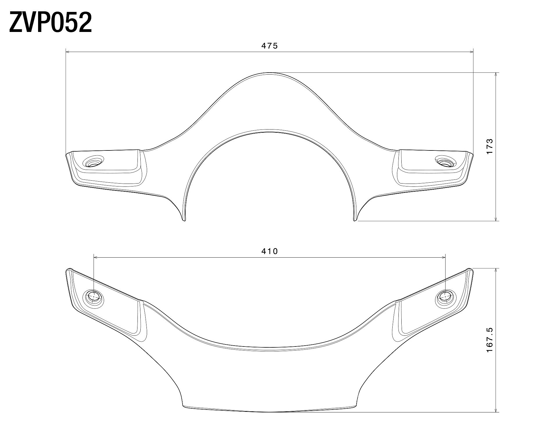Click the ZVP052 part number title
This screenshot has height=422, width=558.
[51, 22]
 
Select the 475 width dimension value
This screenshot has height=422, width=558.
[270, 46]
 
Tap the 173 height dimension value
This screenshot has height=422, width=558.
[489, 146]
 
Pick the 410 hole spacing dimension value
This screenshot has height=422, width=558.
[270, 251]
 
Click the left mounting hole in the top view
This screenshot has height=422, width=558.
[94, 162]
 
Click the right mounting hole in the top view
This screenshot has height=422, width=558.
[445, 162]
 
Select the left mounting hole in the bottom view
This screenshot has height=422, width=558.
[94, 297]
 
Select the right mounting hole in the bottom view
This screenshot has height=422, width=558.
[445, 297]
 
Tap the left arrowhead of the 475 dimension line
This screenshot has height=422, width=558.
[68, 52]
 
